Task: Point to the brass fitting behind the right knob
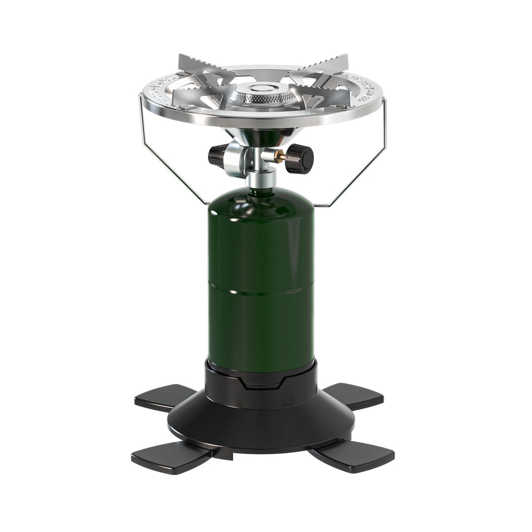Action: pos(280,155)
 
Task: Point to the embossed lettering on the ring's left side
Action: pos(157,91)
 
